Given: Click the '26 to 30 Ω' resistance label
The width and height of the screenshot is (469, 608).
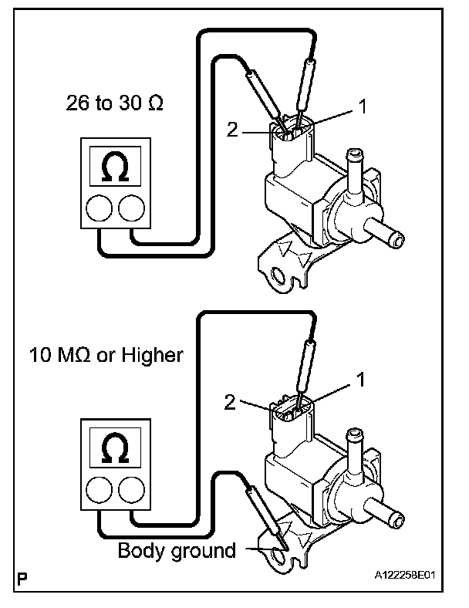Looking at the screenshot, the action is [115, 103].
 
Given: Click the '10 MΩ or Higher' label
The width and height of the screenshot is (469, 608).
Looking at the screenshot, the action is [106, 355].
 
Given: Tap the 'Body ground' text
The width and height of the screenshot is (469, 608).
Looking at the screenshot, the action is [177, 551].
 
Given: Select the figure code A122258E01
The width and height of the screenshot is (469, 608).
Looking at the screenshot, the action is [405, 575].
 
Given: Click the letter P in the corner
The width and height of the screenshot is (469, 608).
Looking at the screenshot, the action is [22, 579].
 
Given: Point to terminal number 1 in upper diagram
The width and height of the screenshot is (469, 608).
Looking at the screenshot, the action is [363, 106].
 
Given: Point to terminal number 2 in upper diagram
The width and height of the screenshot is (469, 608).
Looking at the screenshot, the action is [231, 130].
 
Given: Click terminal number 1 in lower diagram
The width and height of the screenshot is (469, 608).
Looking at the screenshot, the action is [360, 380].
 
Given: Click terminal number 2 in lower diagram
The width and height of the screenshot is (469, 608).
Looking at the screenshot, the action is [230, 403].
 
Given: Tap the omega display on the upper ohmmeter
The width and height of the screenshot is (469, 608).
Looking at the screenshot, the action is [115, 167].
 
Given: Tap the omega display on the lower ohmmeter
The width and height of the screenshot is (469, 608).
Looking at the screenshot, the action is [115, 448].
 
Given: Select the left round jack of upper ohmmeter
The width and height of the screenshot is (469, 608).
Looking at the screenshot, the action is [99, 208].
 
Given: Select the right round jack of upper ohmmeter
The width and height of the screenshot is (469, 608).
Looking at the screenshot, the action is [131, 208].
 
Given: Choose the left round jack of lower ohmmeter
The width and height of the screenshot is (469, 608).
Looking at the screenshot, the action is [99, 490].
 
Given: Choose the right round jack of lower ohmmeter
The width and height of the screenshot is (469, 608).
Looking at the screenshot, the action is [131, 490].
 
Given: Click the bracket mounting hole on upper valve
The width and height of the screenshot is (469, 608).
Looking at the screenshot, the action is [278, 275].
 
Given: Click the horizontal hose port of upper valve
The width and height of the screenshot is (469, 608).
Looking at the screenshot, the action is [383, 234].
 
